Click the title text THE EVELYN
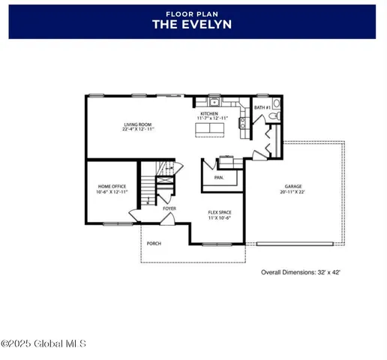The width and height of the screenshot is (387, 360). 192,24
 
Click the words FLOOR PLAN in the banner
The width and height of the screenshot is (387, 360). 192,13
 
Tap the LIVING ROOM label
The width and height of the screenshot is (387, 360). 138,124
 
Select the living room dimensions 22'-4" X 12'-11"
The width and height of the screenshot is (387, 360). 138,130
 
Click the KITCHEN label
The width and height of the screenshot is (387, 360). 209,112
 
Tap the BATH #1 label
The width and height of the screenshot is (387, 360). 262,108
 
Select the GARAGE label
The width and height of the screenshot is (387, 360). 293,187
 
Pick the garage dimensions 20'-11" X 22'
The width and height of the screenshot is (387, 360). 293,193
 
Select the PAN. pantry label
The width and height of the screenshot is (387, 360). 219,178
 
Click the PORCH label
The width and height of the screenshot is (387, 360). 154,243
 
